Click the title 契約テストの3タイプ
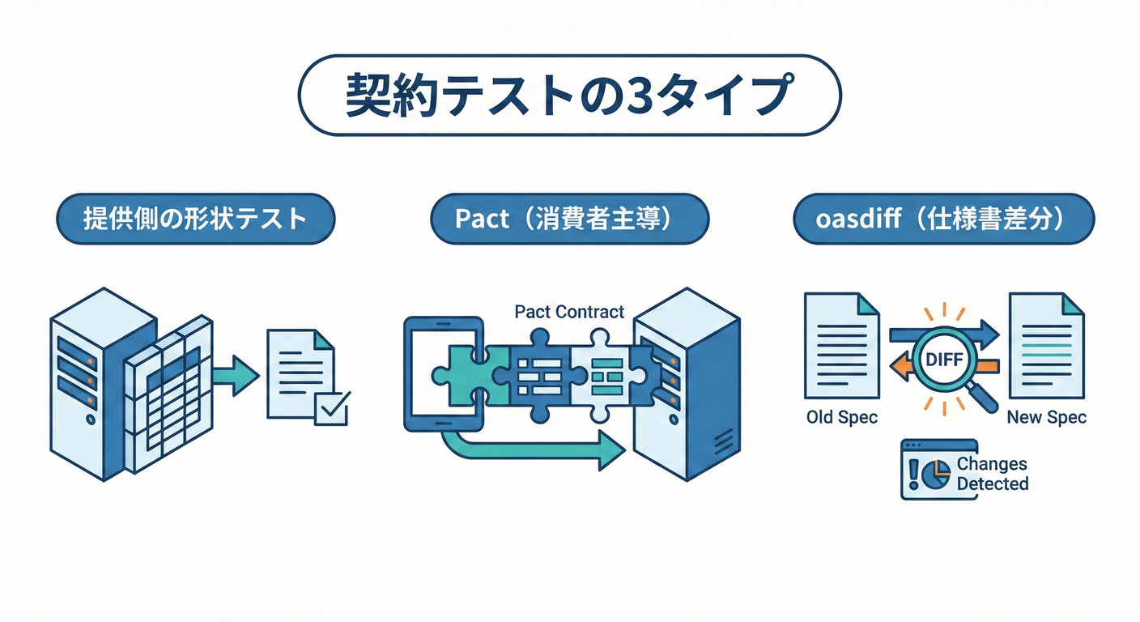point(569,96)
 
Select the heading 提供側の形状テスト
point(195,219)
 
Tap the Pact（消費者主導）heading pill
point(569,219)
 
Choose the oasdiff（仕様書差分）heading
point(943,219)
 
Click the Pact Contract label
point(569,312)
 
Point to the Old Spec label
point(842,418)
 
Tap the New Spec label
point(1046,418)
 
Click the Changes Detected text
point(992,474)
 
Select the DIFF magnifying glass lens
point(944,357)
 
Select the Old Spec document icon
point(842,346)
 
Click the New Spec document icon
point(1046,346)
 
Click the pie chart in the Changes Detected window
point(937,473)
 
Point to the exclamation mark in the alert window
point(914,473)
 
